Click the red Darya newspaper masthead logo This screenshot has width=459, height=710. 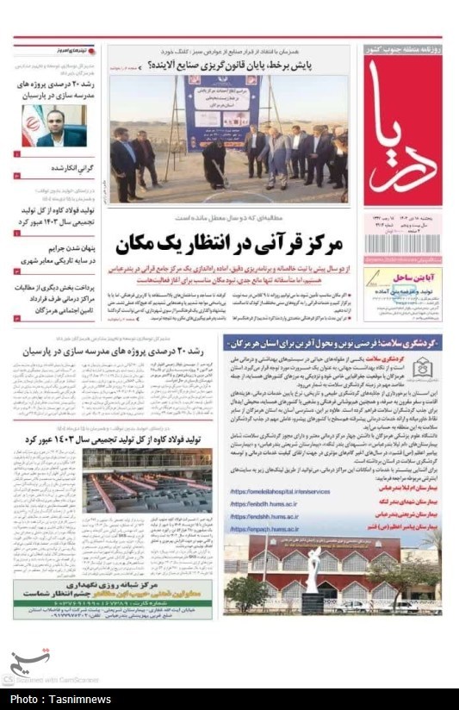pos(402,129)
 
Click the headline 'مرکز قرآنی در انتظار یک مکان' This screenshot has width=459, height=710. pos(228,244)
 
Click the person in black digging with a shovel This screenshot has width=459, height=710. pos(214,161)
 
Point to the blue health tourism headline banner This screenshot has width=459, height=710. pos(332,342)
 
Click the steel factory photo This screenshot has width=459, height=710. pos(146,480)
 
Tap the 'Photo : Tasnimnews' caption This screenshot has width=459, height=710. pos(57,700)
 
